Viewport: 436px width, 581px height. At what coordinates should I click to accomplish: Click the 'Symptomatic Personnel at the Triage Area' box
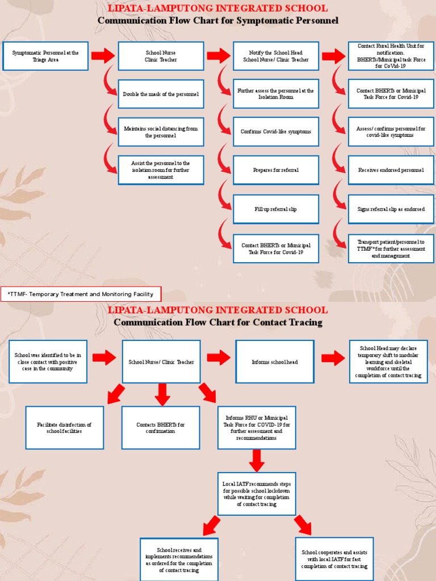pyautogui.click(x=45, y=56)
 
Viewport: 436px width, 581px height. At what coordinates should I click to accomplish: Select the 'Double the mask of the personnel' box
pyautogui.click(x=161, y=94)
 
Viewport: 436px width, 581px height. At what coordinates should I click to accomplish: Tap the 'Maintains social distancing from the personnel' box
pyautogui.click(x=161, y=132)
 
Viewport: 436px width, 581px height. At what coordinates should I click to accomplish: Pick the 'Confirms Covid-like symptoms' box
pyautogui.click(x=276, y=132)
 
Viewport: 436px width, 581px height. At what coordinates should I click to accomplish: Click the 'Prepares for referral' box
pyautogui.click(x=276, y=170)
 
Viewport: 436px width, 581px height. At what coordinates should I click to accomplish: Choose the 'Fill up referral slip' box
pyautogui.click(x=276, y=209)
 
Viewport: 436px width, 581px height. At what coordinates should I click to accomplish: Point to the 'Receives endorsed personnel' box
pyautogui.click(x=391, y=170)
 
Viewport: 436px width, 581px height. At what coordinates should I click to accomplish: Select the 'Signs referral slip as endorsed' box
pyautogui.click(x=391, y=209)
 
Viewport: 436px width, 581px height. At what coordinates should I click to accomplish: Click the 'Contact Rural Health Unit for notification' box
pyautogui.click(x=391, y=56)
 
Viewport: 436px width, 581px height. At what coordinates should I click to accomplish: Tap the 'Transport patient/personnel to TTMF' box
pyautogui.click(x=391, y=249)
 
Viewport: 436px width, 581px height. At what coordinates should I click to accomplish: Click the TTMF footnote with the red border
pyautogui.click(x=81, y=294)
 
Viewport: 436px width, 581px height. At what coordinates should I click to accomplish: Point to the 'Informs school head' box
pyautogui.click(x=275, y=362)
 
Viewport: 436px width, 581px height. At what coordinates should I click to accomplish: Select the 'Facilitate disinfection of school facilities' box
pyautogui.click(x=65, y=428)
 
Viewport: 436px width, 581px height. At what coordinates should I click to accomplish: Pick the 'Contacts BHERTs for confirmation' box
pyautogui.click(x=161, y=428)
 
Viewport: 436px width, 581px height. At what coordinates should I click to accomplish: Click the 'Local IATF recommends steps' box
pyautogui.click(x=257, y=494)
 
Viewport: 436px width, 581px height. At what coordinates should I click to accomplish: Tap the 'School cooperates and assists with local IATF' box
pyautogui.click(x=334, y=559)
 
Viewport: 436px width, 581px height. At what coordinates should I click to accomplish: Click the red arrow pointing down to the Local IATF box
pyautogui.click(x=257, y=461)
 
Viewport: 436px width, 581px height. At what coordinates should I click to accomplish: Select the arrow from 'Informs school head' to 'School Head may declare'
pyautogui.click(x=333, y=358)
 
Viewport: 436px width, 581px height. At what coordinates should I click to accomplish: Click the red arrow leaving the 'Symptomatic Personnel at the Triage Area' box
pyautogui.click(x=103, y=56)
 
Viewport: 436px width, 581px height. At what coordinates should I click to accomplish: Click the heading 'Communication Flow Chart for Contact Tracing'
pyautogui.click(x=218, y=322)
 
